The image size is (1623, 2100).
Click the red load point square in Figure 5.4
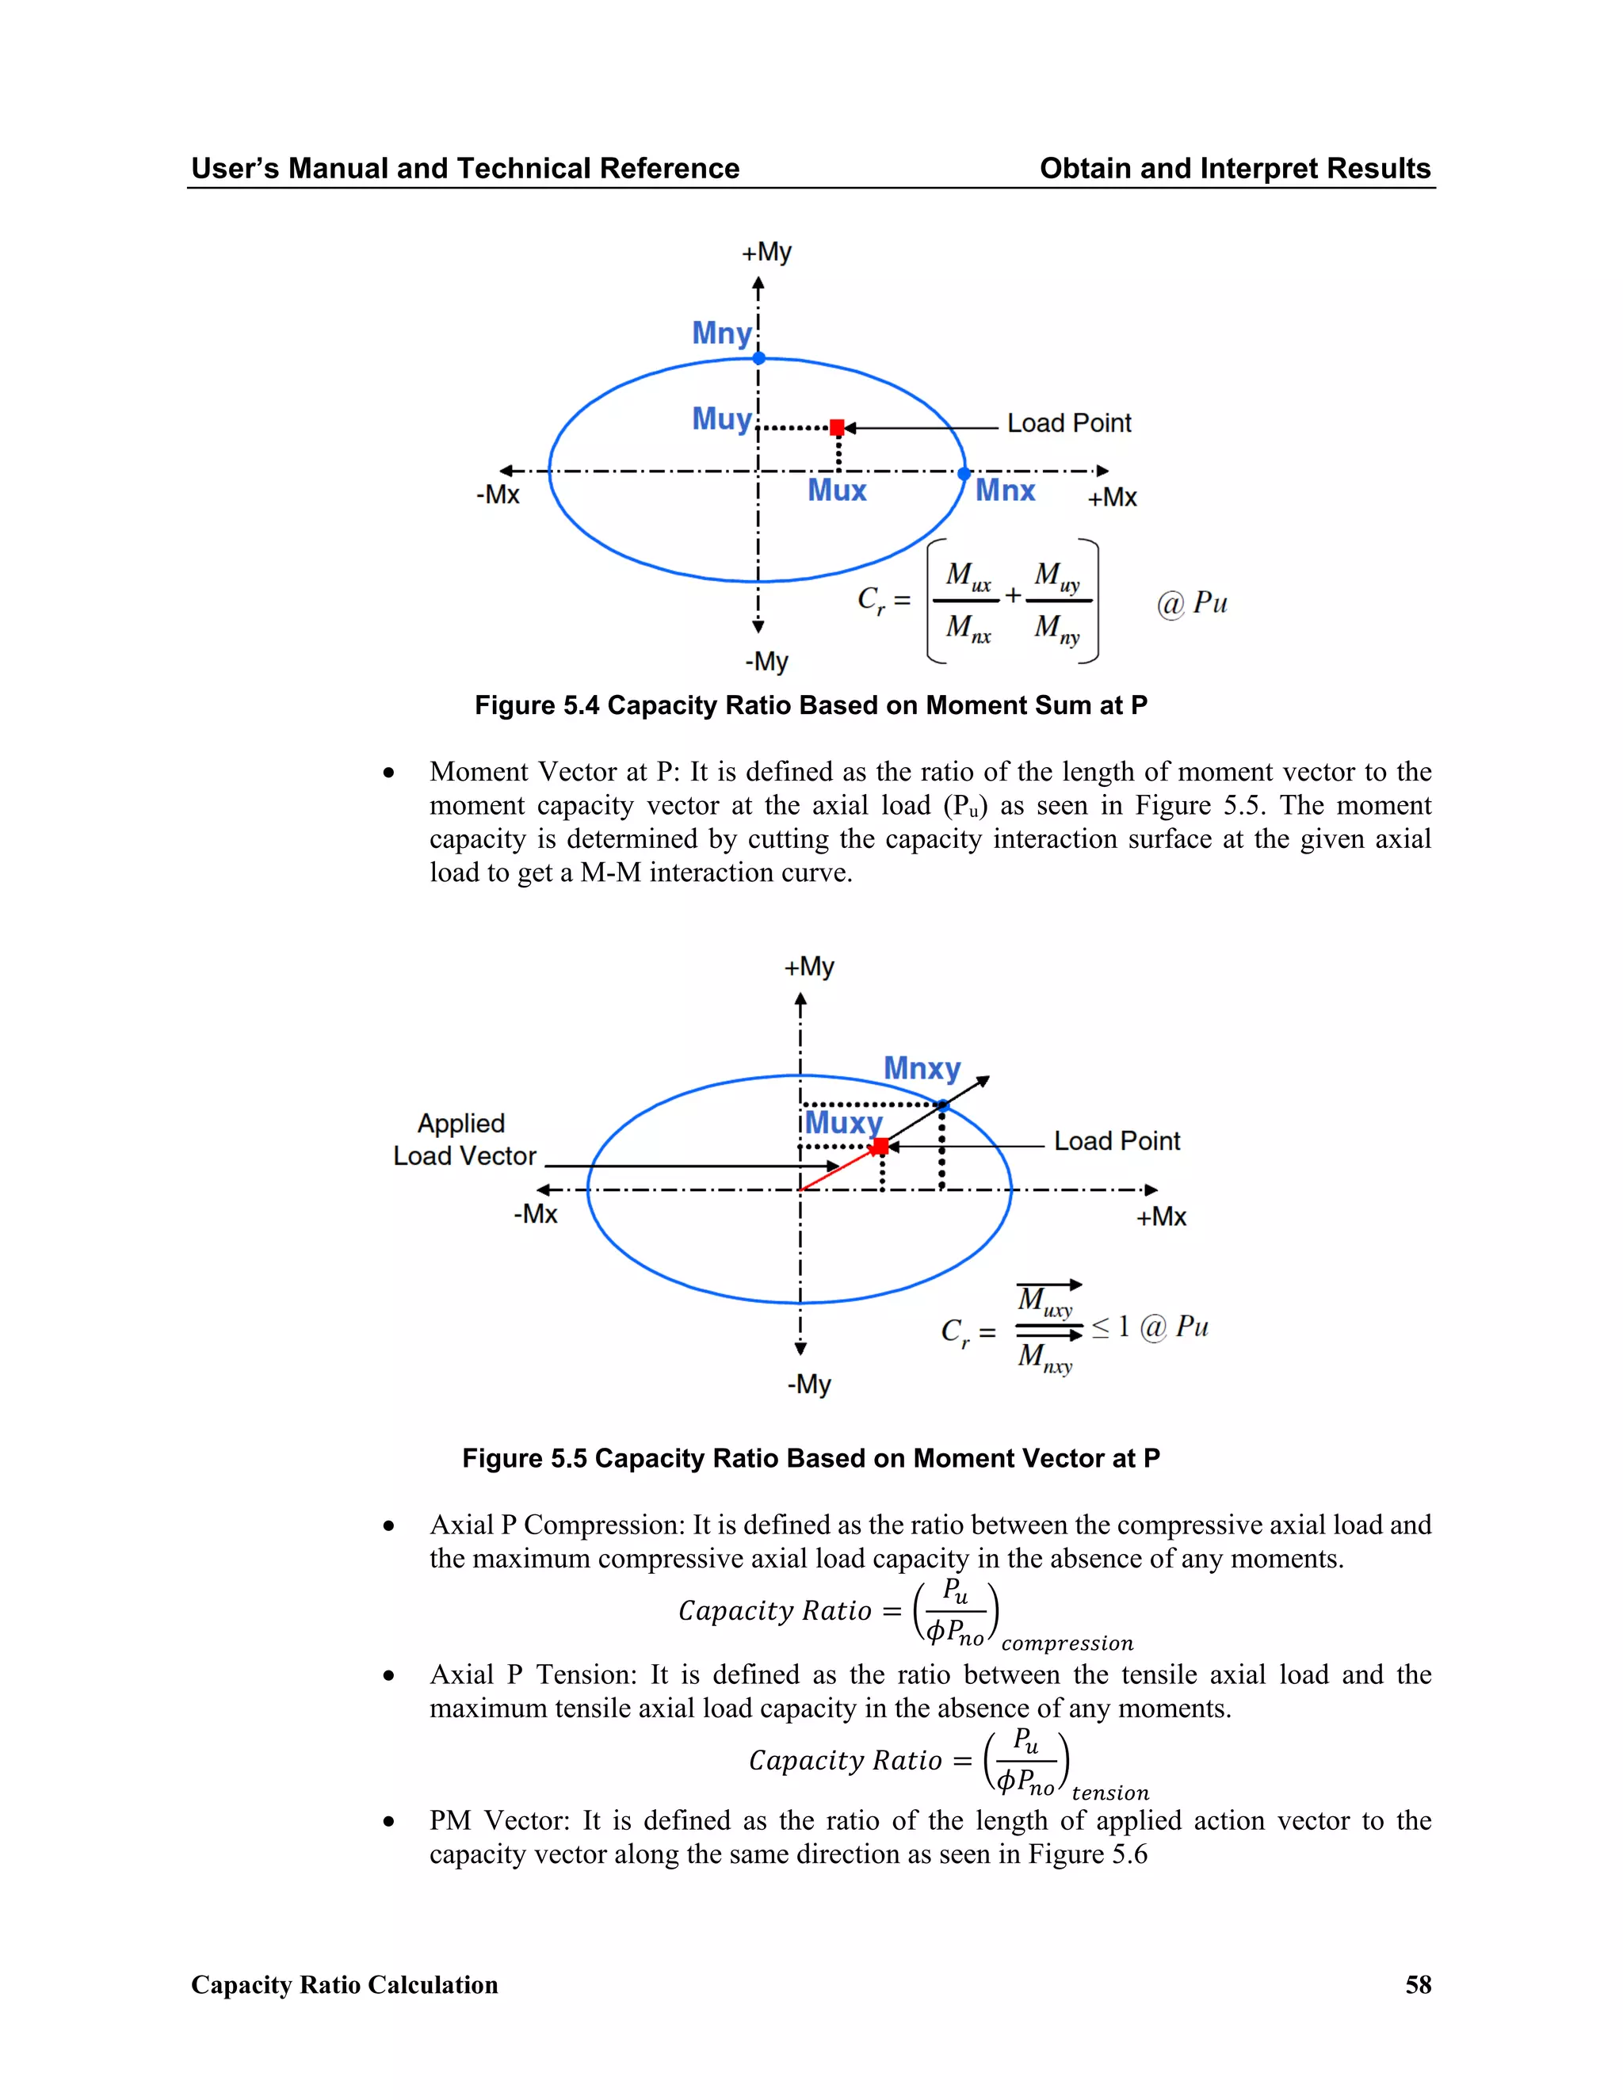pyautogui.click(x=837, y=427)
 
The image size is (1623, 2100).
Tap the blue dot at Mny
pyautogui.click(x=758, y=357)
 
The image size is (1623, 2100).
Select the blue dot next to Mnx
pyautogui.click(x=964, y=473)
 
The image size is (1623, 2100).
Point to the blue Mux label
pyautogui.click(x=837, y=491)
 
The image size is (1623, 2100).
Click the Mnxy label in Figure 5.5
pyautogui.click(x=922, y=1068)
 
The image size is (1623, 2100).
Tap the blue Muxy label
pyautogui.click(x=843, y=1122)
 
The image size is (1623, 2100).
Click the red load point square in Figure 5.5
pyautogui.click(x=880, y=1146)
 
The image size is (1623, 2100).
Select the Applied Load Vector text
pyautogui.click(x=464, y=1140)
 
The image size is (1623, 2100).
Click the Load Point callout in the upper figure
pyautogui.click(x=1068, y=423)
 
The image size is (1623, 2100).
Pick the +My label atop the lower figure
pyautogui.click(x=808, y=966)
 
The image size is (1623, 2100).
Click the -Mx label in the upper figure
pyautogui.click(x=498, y=494)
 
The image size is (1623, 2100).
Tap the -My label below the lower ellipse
pyautogui.click(x=808, y=1384)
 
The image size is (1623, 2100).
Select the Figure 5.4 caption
pyautogui.click(x=811, y=706)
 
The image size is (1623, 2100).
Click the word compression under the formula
pyautogui.click(x=1067, y=1644)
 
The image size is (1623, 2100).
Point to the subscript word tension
pyautogui.click(x=1110, y=1793)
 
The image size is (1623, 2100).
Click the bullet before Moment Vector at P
pyautogui.click(x=388, y=773)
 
